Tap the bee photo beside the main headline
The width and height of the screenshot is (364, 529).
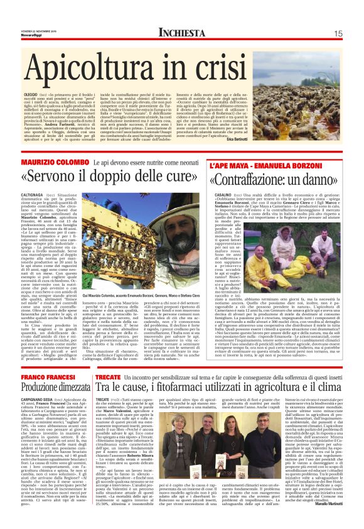click(x=314, y=70)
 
